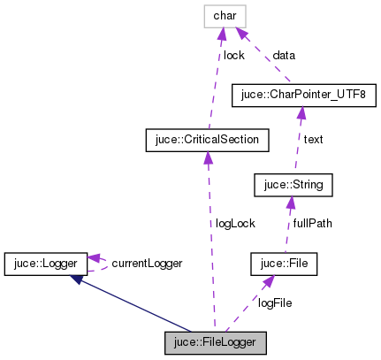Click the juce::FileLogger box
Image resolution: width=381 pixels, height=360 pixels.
point(215,341)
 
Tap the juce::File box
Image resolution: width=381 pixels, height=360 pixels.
point(283,263)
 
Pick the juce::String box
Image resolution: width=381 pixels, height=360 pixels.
point(293,185)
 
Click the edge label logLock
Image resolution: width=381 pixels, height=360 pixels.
point(234,224)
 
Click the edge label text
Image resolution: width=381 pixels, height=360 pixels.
point(314,139)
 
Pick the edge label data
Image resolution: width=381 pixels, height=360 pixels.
point(284,55)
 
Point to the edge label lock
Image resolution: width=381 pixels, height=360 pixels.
point(233,55)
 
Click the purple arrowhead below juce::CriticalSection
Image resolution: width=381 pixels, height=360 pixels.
point(206,157)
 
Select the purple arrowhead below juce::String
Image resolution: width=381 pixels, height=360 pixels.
point(287,203)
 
